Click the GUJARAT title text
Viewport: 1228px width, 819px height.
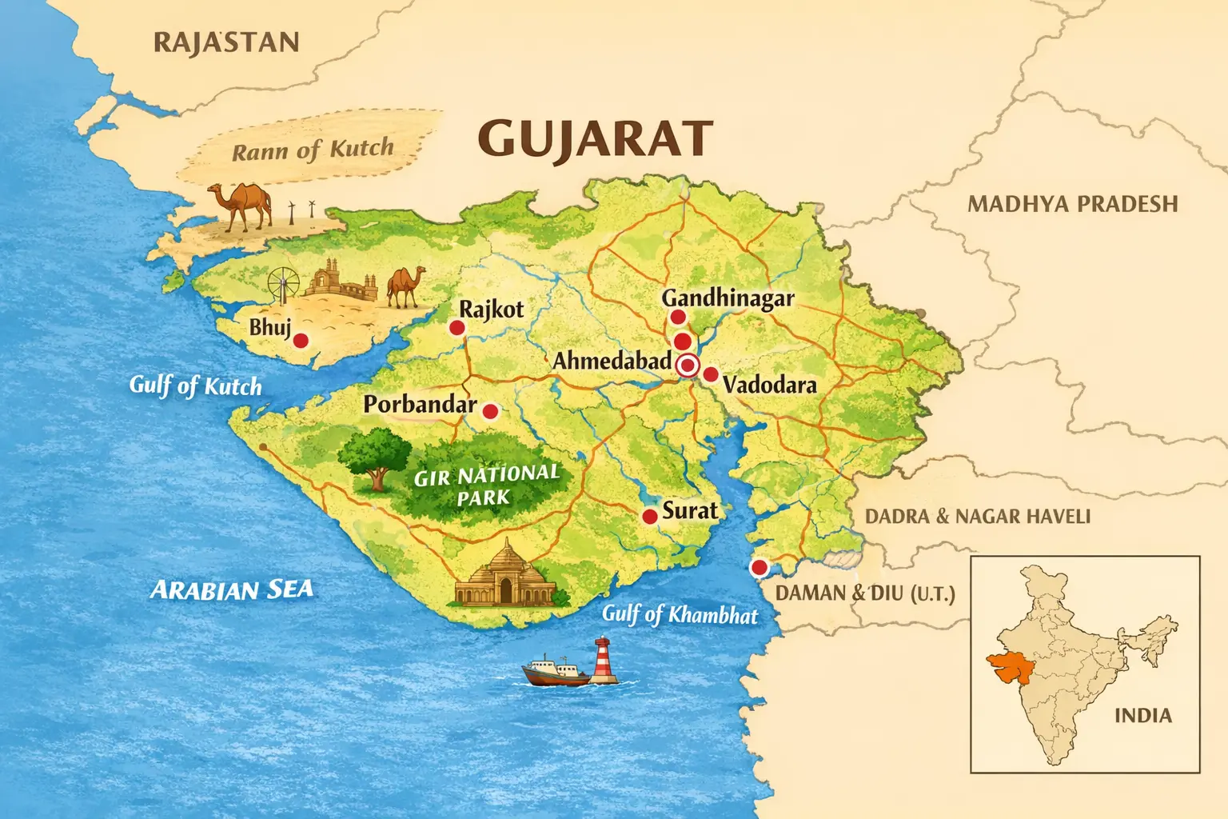pos(596,139)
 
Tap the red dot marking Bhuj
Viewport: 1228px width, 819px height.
pos(301,341)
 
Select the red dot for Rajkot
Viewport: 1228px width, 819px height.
pos(457,327)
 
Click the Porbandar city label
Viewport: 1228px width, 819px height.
pos(420,404)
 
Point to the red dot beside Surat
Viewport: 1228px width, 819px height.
pos(650,517)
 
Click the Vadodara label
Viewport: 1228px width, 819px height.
pos(769,385)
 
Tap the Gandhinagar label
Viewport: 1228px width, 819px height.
pos(728,298)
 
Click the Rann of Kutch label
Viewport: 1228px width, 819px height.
pos(313,150)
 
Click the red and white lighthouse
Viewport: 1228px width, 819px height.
pos(604,661)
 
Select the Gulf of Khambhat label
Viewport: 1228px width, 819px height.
pos(680,614)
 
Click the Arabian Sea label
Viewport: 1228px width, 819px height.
pos(232,590)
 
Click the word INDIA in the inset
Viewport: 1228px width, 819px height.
pos(1143,715)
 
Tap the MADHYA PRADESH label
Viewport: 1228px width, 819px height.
pos(1073,204)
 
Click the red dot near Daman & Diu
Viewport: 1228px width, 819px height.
pos(759,568)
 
